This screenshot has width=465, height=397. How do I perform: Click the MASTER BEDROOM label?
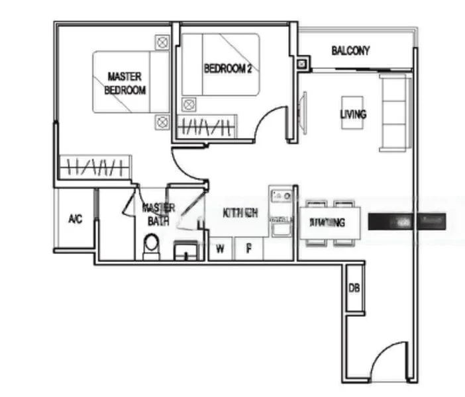[126, 83]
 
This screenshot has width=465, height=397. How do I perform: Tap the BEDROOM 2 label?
[227, 67]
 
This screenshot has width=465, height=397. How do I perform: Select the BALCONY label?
[350, 50]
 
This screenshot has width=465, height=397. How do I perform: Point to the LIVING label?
[353, 114]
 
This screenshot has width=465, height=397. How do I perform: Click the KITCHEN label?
[240, 213]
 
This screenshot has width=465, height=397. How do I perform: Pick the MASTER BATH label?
[158, 214]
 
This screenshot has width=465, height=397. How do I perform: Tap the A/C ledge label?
[76, 219]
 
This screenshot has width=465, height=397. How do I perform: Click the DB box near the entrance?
[354, 288]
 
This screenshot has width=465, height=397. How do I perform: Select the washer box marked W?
[221, 249]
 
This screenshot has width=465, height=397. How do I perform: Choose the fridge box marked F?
[250, 249]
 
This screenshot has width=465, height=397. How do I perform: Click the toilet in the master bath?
[151, 246]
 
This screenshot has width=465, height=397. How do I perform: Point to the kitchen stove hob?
[282, 196]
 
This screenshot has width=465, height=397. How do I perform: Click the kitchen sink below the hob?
[282, 227]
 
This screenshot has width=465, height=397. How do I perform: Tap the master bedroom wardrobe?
[95, 166]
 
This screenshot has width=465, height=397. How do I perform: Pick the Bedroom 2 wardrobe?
[207, 126]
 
